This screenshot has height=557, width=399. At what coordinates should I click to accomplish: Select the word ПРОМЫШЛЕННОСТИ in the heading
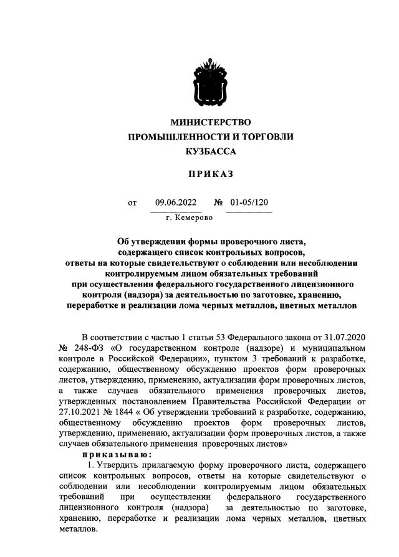[171, 136]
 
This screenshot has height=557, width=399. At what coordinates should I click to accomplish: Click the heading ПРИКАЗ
[211, 176]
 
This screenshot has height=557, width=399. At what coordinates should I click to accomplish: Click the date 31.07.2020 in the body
[344, 336]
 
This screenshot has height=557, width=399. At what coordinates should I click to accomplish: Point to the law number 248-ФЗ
[88, 348]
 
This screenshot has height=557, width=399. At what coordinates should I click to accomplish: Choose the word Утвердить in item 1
[120, 467]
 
